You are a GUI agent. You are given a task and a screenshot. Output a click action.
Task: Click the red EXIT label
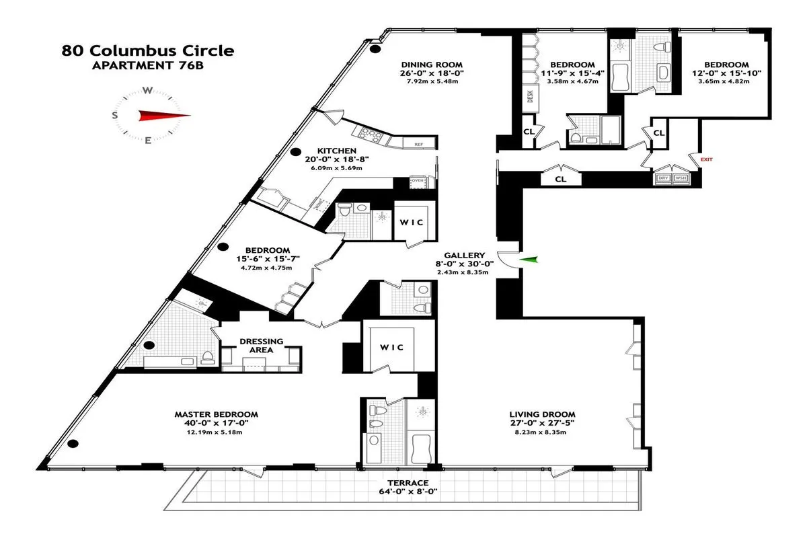[x=706, y=160]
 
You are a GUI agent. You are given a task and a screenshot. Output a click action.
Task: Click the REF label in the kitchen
[x=418, y=144]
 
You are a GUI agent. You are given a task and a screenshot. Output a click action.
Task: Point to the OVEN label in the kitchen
[x=417, y=181]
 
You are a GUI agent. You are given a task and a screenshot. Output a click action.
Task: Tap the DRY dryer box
[x=663, y=178]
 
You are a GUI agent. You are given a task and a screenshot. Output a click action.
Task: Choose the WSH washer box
[x=681, y=178]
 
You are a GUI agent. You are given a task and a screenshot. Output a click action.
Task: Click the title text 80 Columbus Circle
[x=148, y=50]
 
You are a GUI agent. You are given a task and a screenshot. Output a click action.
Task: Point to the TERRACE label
[x=408, y=483]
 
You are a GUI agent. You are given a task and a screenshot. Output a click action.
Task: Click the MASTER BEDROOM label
[x=216, y=414]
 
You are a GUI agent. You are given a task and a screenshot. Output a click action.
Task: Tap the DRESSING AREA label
[x=262, y=346]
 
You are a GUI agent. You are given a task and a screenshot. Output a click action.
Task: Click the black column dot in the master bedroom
[x=73, y=443]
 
